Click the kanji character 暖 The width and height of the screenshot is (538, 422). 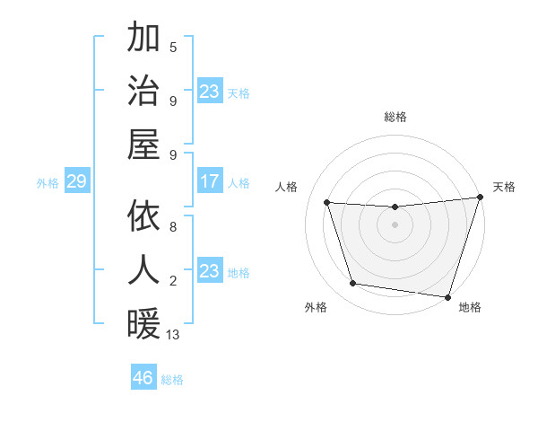click(143, 322)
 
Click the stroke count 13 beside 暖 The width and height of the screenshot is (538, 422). click(173, 335)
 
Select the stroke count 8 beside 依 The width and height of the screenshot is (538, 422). click(173, 228)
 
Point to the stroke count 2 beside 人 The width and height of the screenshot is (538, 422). click(173, 282)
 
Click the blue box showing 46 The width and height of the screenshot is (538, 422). click(143, 377)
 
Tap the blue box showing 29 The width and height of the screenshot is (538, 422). click(76, 182)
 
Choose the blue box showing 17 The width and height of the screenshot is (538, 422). click(210, 182)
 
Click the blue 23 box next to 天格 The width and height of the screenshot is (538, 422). click(210, 92)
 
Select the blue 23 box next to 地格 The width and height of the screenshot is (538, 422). click(210, 271)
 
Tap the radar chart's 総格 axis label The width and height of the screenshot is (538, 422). click(395, 117)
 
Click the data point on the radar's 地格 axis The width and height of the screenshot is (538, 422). click(447, 296)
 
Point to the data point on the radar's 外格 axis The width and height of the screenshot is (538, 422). click(353, 284)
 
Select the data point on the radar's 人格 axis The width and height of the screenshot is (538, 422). click(327, 203)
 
